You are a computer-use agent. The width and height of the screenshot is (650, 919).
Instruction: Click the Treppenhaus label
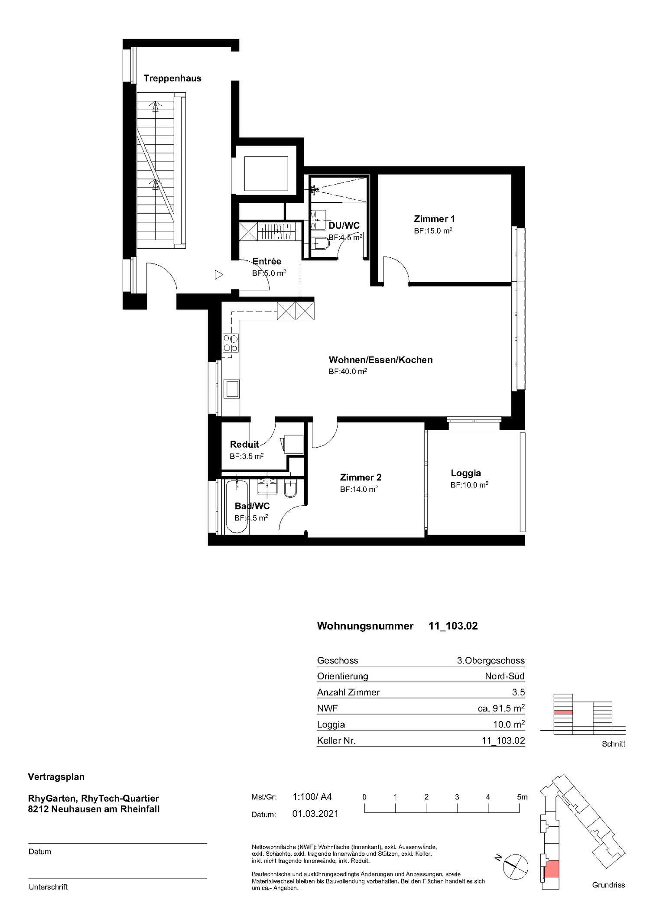(172, 78)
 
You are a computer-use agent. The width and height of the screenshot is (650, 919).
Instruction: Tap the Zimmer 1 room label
(434, 219)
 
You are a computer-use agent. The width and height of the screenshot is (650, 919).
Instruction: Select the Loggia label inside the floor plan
(465, 473)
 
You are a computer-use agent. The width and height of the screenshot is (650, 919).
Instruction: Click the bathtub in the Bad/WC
(237, 506)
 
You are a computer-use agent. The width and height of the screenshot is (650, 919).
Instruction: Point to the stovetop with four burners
(230, 343)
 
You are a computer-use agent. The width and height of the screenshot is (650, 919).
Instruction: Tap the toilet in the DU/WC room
(322, 244)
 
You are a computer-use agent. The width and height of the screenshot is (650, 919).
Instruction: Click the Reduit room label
(244, 444)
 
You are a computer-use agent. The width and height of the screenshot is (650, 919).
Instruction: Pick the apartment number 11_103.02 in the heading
(453, 626)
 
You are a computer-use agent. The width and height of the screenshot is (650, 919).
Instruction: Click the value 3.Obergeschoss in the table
(491, 661)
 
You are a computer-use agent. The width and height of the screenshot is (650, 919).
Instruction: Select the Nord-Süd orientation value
(504, 676)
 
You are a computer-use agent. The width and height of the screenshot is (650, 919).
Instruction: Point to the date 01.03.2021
(315, 814)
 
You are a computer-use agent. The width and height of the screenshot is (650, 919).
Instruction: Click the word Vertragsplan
(56, 777)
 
